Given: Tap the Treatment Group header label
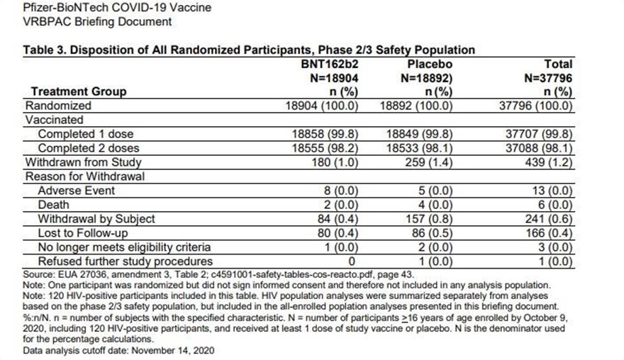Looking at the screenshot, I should pos(79,91).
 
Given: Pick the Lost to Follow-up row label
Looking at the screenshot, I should pos(84,232).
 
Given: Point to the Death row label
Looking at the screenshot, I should pos(54,204).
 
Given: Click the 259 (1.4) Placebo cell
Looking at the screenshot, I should pos(426,162).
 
